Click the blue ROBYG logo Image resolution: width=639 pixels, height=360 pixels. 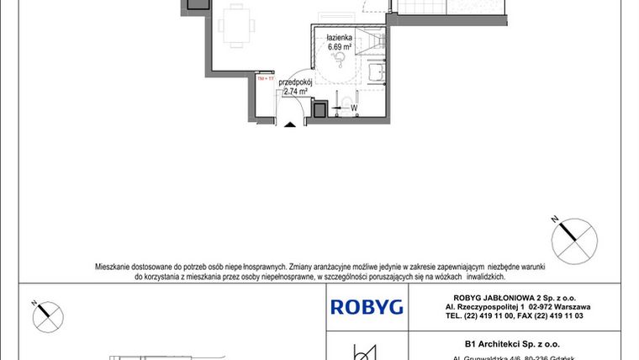coord(366,307)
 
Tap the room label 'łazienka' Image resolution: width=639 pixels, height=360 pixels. coord(341,38)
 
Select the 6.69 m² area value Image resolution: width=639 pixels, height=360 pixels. coord(341,47)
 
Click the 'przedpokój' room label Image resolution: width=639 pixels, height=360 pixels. coord(296,82)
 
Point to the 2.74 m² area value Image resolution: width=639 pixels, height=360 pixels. coord(296,92)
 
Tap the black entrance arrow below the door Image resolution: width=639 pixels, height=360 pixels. coord(290,126)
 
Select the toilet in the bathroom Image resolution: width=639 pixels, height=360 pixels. coord(347,102)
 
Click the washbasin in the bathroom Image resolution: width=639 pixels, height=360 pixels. coord(376,74)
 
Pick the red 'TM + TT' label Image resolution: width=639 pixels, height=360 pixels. coord(266,78)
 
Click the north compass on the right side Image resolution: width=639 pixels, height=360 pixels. coord(574,238)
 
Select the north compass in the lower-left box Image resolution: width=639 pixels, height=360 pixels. coord(47,317)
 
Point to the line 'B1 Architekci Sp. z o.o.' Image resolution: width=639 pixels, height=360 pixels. coord(499,343)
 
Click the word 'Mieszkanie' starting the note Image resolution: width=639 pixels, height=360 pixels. coord(114,266)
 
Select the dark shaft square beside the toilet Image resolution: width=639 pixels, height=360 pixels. coord(319,109)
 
